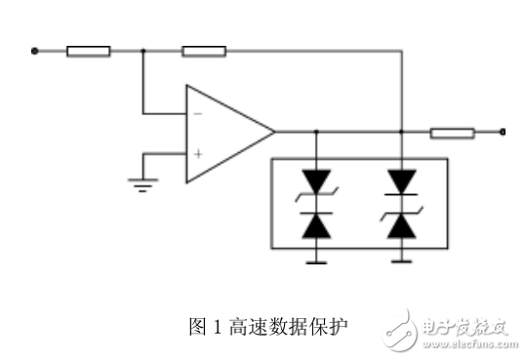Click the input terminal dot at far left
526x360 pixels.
click(x=34, y=51)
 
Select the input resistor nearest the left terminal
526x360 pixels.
click(x=88, y=51)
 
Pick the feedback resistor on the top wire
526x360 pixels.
click(x=204, y=51)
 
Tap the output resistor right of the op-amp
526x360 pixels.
click(x=452, y=132)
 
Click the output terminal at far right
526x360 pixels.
click(x=502, y=132)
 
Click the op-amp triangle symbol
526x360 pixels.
click(x=226, y=133)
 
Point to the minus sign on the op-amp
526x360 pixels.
click(x=198, y=112)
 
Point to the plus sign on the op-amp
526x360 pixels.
click(x=198, y=153)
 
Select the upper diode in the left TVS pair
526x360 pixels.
click(x=315, y=181)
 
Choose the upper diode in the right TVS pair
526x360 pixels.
click(x=402, y=181)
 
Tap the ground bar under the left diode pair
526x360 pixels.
click(x=315, y=261)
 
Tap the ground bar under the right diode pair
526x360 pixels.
click(x=402, y=261)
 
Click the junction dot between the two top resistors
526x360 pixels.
click(x=142, y=51)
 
